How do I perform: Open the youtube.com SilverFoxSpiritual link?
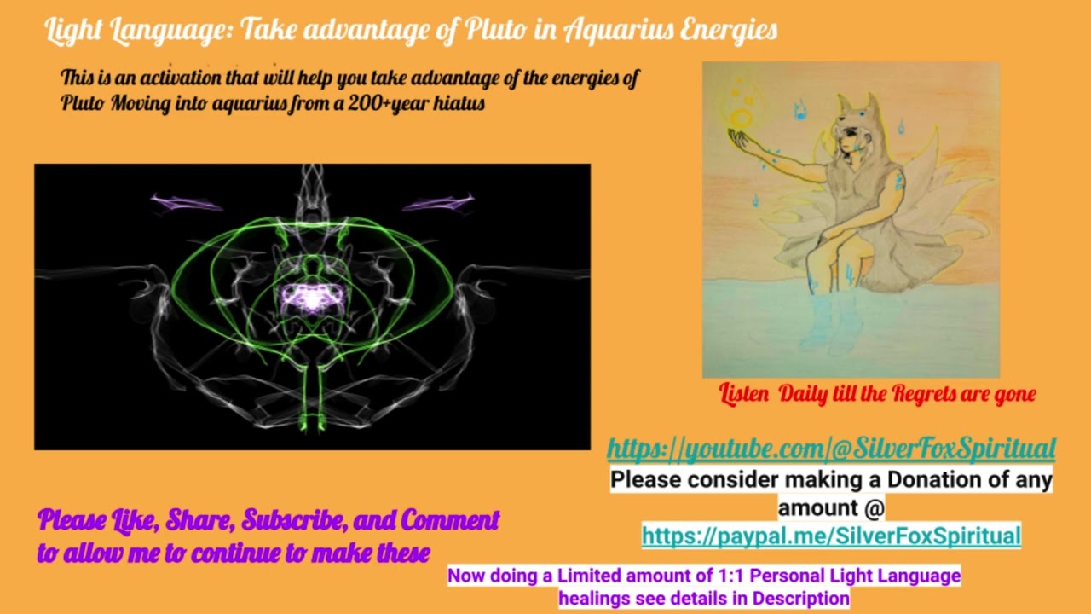831,448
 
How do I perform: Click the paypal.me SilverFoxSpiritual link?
831,536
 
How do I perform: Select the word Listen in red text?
745,394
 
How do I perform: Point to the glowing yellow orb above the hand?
742,116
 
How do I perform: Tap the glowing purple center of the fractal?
312,298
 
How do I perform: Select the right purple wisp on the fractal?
438,202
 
